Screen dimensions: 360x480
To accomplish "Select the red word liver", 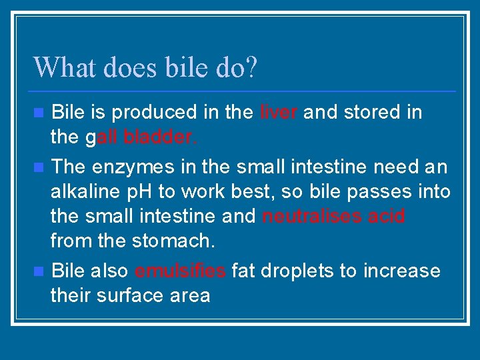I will pyautogui.click(x=279, y=113).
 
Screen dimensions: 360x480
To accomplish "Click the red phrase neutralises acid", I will pyautogui.click(x=333, y=217).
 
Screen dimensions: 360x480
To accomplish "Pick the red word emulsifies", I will pyautogui.click(x=181, y=271).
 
